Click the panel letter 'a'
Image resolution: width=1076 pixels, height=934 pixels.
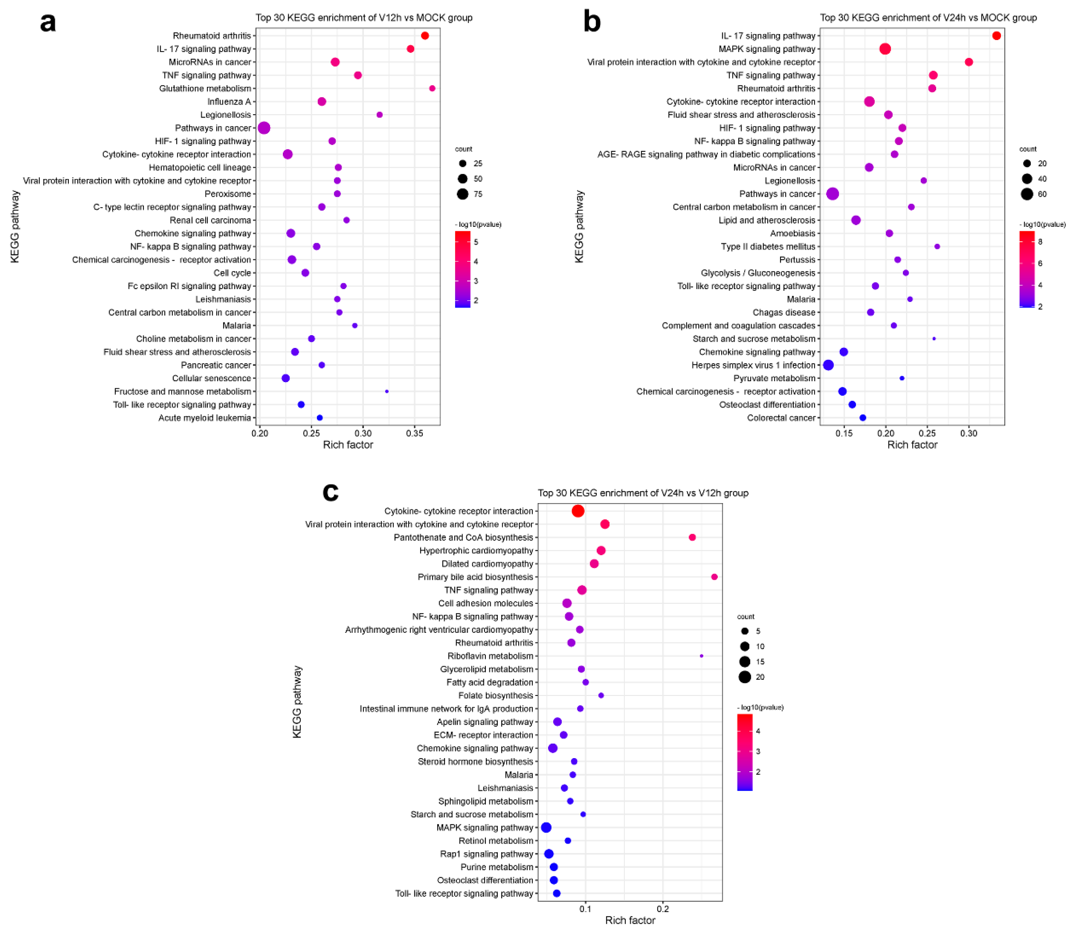point(48,23)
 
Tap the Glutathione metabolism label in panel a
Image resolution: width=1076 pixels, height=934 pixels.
point(205,89)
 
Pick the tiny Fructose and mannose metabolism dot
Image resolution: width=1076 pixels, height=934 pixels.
point(387,391)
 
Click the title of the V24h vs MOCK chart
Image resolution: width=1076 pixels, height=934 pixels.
point(928,18)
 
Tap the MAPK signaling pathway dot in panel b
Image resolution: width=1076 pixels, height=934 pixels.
point(885,49)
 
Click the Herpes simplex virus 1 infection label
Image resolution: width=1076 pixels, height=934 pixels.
point(753,365)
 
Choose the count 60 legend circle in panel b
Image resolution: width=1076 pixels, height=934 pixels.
point(1027,194)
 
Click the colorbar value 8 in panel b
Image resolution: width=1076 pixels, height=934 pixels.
point(1040,242)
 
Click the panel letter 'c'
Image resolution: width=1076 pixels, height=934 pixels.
point(330,492)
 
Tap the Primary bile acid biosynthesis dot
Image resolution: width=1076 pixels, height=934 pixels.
point(714,577)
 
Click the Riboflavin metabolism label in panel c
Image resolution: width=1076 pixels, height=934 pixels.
point(490,656)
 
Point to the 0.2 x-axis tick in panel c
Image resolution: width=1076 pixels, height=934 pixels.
point(663,910)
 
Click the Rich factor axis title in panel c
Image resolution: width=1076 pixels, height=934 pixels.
point(630,921)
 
